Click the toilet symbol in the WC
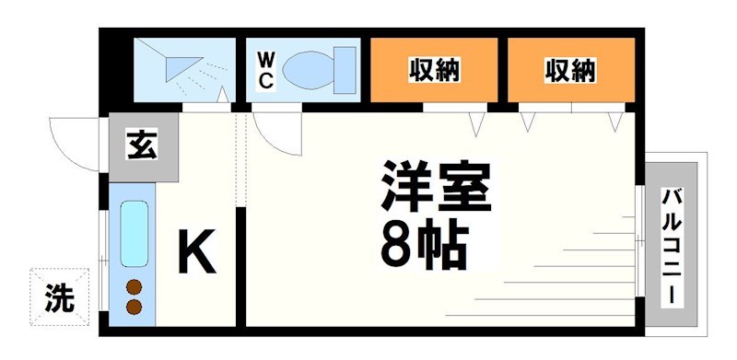click(x=319, y=69)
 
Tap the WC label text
click(x=265, y=69)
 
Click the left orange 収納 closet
click(x=434, y=69)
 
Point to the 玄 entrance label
click(x=141, y=146)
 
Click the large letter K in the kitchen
click(x=196, y=250)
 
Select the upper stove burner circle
click(x=135, y=285)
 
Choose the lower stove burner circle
click(x=135, y=307)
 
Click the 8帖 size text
click(x=424, y=242)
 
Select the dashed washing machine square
click(x=61, y=296)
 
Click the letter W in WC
click(x=265, y=59)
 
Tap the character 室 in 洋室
click(x=466, y=189)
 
